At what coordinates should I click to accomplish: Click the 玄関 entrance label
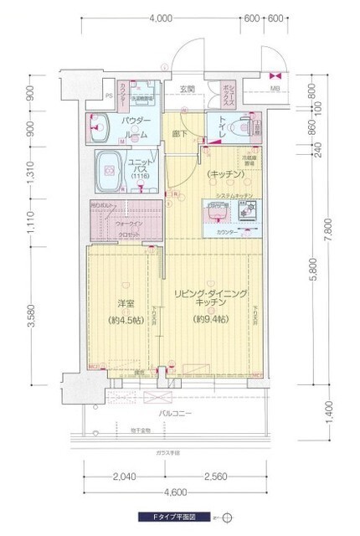(186, 90)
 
